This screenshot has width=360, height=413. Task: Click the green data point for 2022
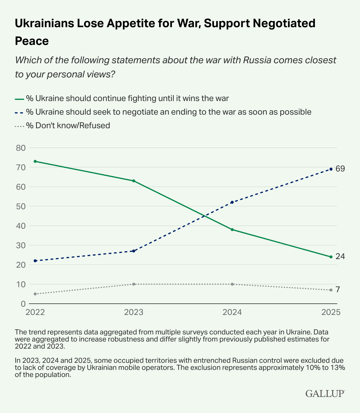pos(35,161)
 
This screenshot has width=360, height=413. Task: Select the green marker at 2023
pos(134,181)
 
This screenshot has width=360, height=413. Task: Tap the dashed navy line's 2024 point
pos(232,202)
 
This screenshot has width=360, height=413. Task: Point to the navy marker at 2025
pos(331,169)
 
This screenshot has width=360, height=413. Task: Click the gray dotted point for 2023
pos(134,284)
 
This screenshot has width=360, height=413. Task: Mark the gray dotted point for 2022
pos(35,294)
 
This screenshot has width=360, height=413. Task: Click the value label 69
pos(340,169)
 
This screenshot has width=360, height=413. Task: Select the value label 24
pos(340,256)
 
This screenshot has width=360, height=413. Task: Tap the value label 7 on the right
pos(338,290)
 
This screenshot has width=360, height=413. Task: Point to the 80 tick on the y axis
pos(20,148)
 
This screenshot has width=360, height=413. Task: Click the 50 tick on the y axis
pos(20,206)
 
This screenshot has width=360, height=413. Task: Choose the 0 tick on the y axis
pos(23,304)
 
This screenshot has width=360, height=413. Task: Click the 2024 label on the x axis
pos(232,313)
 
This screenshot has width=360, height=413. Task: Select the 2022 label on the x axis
pos(35,313)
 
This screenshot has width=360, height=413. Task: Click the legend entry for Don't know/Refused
pos(68,126)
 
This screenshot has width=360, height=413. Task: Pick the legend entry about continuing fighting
pos(127,98)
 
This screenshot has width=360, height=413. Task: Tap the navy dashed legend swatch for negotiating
pos(19,112)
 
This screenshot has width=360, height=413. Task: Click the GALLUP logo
pos(325,394)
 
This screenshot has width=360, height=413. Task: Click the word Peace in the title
pos(32,41)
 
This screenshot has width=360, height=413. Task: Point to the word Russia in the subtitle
pos(257,60)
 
